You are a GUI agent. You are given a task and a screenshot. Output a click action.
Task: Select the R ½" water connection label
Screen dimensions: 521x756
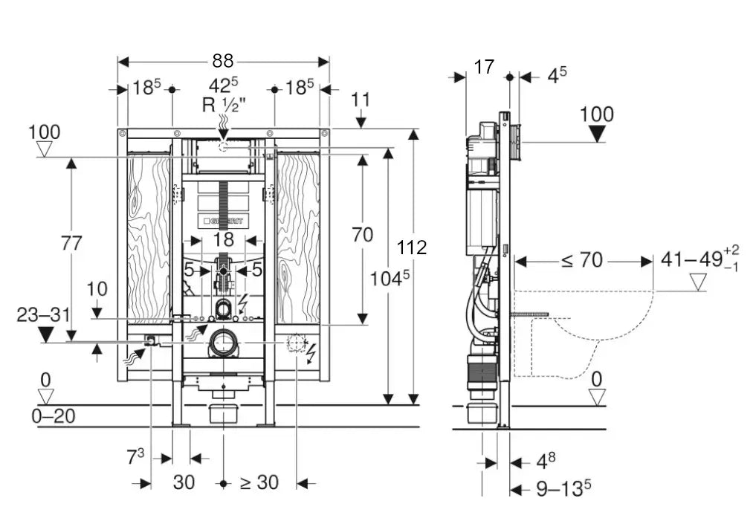tap(222, 105)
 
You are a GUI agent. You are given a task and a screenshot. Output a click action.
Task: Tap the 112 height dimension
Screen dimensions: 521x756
tap(412, 247)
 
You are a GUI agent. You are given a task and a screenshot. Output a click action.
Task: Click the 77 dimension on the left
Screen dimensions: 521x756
tap(71, 243)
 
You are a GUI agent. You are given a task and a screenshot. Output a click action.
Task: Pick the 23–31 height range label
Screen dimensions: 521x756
tap(45, 314)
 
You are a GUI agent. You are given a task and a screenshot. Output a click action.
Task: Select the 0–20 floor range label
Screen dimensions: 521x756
tap(54, 415)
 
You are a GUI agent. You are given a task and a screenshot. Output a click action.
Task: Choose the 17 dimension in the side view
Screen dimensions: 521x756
tap(484, 67)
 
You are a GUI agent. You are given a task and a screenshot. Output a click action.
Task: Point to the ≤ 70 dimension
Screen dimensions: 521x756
tap(581, 261)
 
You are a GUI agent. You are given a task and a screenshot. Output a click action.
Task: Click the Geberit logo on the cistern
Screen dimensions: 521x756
tap(223, 221)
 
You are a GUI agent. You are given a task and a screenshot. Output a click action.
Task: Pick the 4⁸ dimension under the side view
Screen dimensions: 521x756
tap(546, 462)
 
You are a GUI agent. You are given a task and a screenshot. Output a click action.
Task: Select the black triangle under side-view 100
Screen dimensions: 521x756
tap(596, 134)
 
